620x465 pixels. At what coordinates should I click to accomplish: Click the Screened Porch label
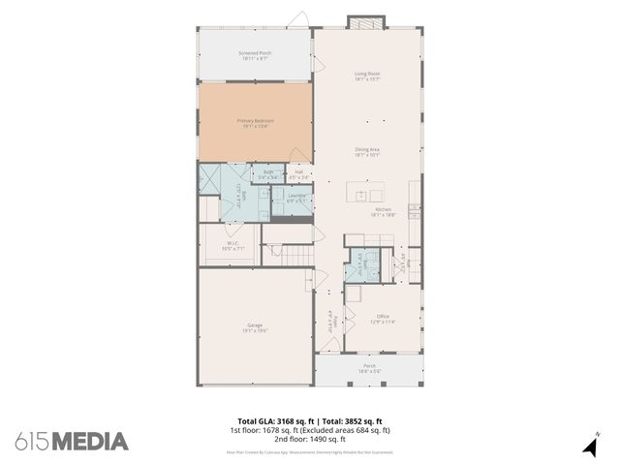255,55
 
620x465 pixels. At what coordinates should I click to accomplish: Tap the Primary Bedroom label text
255,123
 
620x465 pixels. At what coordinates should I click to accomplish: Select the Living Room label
366,76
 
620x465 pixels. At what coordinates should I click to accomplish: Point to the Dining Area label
366,151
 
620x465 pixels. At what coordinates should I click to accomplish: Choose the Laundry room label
296,198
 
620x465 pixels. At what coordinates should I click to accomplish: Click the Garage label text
255,327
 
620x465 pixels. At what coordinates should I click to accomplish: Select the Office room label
383,319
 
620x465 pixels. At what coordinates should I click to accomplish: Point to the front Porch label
369,368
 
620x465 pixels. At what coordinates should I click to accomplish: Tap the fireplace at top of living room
366,22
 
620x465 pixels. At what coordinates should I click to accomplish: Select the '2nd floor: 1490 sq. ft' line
309,438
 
